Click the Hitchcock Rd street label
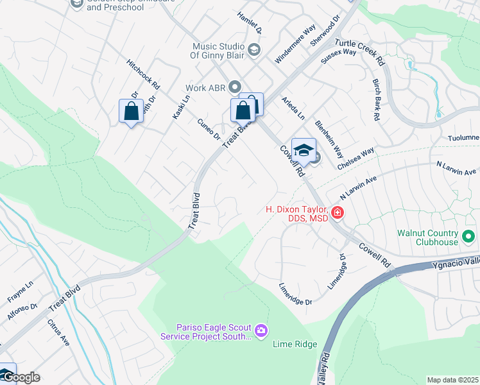143,75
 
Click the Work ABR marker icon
234,87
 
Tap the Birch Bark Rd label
376,99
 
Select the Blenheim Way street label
329,139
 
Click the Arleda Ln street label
293,107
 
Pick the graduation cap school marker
304,150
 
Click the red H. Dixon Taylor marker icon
337,212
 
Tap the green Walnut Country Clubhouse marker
468,237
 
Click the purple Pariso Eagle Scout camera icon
261,331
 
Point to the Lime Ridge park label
295,345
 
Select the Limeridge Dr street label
295,294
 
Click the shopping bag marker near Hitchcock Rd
131,111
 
